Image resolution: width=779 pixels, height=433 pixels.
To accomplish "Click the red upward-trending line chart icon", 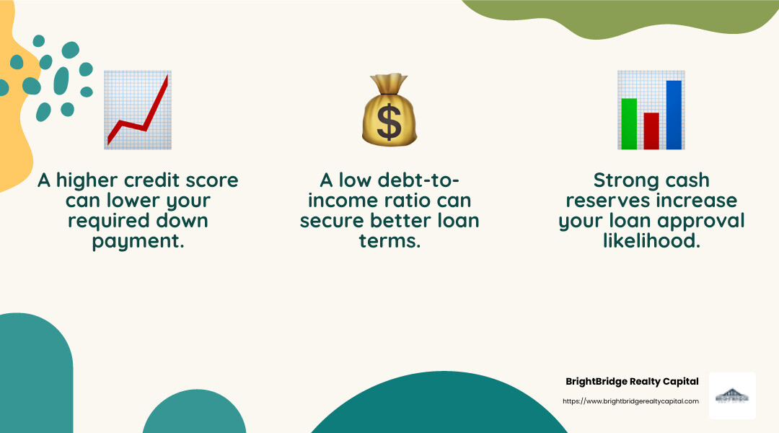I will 138,110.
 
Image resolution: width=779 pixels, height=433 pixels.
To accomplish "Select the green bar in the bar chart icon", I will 629,123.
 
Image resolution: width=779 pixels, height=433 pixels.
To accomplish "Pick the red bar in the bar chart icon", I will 651,131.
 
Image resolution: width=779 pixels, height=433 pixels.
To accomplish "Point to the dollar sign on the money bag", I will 389,123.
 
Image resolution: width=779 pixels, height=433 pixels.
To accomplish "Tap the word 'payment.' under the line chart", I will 138,241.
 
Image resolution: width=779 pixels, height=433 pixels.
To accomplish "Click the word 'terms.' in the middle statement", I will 389,241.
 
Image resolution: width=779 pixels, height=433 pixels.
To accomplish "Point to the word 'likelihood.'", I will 651,241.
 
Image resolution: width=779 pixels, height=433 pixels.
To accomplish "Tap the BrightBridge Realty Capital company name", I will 632,381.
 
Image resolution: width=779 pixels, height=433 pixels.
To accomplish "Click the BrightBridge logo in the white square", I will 732,396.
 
